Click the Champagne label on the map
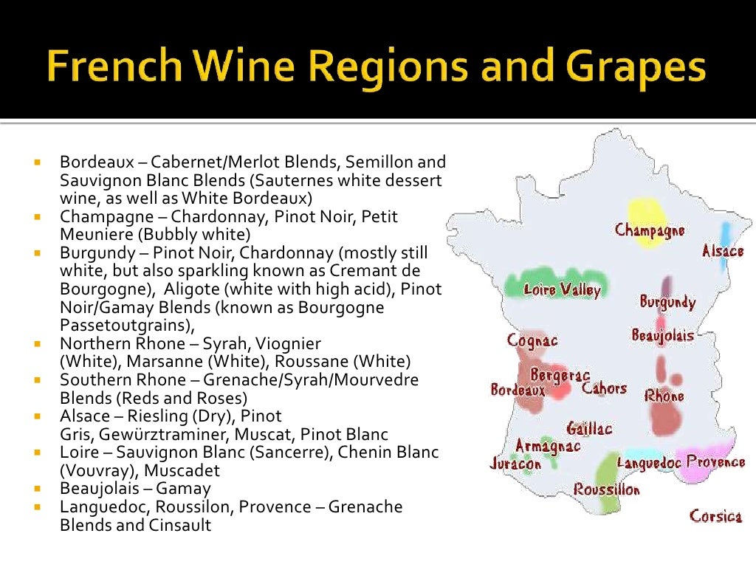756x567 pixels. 650,230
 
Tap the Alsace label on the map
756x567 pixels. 723,251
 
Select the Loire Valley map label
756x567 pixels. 561,290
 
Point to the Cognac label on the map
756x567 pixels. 532,340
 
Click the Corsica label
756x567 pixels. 715,515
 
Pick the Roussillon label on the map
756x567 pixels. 607,489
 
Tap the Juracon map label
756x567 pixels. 515,464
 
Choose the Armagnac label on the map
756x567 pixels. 548,446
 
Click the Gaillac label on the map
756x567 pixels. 589,428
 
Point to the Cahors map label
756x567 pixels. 604,388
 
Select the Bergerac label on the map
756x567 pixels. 560,376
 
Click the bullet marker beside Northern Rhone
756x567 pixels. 35,343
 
